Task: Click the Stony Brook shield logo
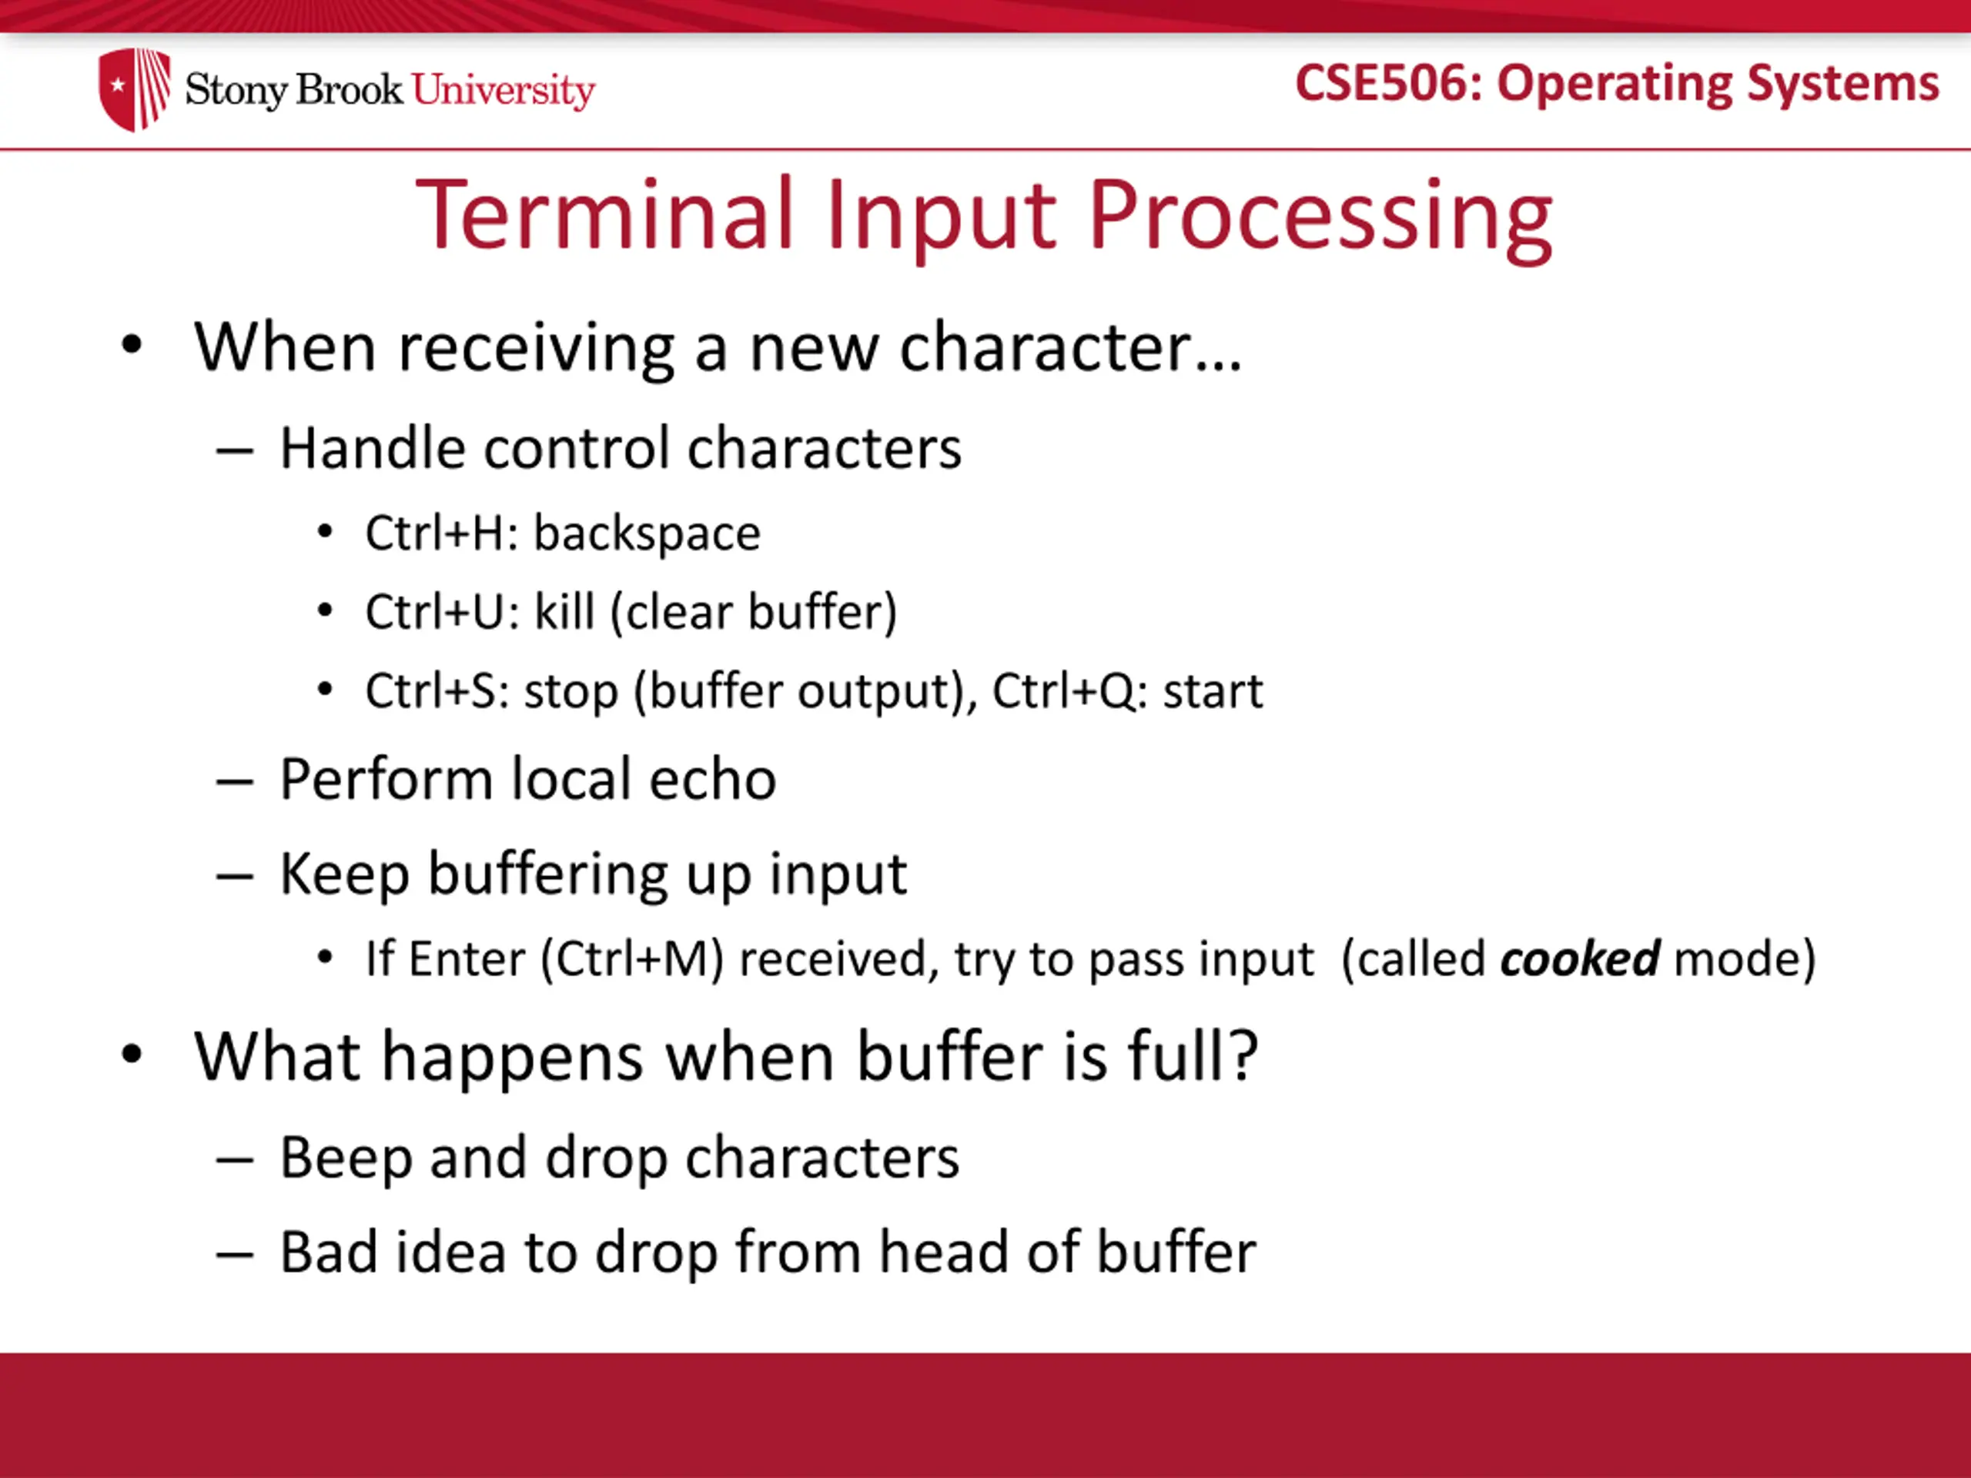click(135, 89)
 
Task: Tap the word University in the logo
click(504, 91)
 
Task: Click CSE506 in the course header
click(1384, 83)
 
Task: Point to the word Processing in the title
click(1320, 219)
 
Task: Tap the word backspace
click(647, 533)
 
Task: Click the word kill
click(564, 612)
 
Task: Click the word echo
click(712, 780)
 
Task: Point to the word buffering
click(548, 874)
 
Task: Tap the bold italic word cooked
click(1580, 958)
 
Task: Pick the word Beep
click(346, 1159)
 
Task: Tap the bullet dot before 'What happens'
click(132, 1055)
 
